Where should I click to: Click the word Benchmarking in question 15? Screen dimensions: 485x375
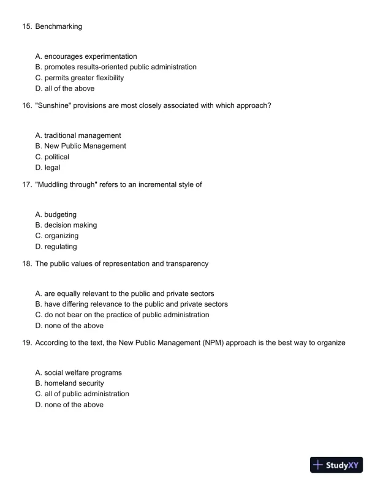[x=58, y=27]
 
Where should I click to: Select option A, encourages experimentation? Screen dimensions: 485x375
[x=86, y=56]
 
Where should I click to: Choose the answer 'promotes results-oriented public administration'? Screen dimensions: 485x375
[x=116, y=67]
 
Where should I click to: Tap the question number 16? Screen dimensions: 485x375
[x=27, y=105]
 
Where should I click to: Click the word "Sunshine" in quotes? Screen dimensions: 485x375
[x=53, y=105]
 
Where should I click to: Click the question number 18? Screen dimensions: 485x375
[x=27, y=263]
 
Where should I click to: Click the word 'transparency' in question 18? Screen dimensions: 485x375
[x=187, y=263]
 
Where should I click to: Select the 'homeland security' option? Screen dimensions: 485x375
[x=74, y=383]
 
